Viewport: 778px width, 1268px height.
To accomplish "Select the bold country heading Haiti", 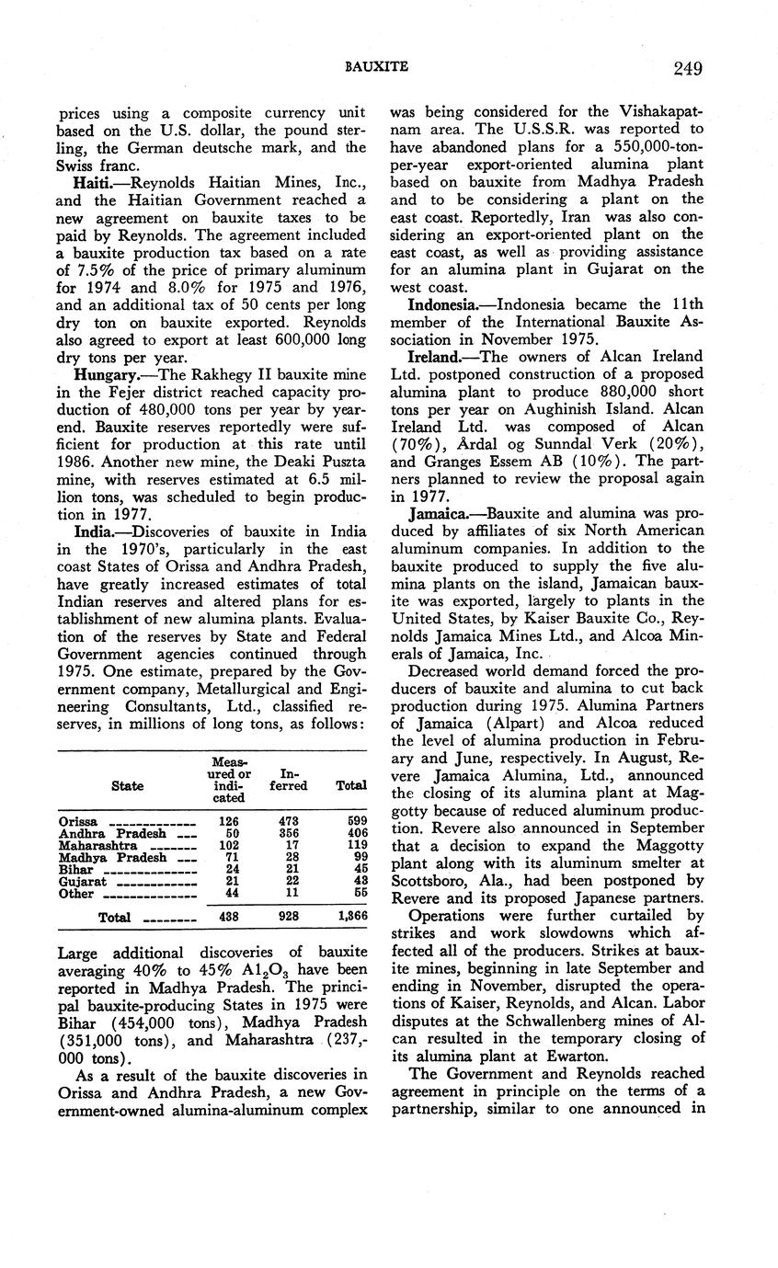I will click(93, 184).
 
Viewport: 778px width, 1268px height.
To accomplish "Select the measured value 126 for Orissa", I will click(225, 821).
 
